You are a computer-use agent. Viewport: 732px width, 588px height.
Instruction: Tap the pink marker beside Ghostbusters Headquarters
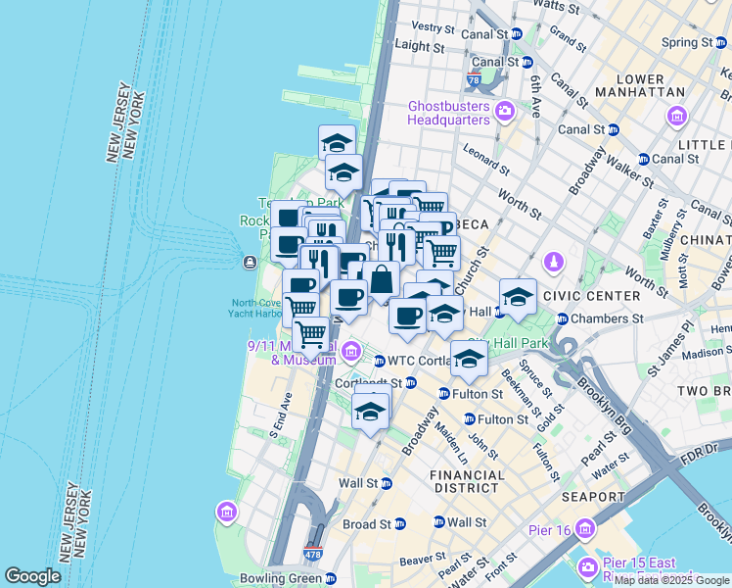505,109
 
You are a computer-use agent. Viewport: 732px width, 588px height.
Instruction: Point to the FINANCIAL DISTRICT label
468,481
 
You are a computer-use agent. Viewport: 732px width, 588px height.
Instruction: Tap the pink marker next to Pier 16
585,529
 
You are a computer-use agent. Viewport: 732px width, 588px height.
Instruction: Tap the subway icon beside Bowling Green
332,578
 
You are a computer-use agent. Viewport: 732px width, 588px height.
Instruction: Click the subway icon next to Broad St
400,524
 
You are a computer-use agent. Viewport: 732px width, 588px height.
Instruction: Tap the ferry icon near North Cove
250,262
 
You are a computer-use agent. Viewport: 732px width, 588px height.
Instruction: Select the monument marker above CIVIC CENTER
553,263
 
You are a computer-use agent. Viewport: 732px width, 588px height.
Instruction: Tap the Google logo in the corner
32,576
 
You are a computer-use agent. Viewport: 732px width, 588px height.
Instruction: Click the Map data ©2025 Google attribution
671,580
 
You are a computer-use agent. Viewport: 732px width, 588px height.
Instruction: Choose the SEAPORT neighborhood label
593,497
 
